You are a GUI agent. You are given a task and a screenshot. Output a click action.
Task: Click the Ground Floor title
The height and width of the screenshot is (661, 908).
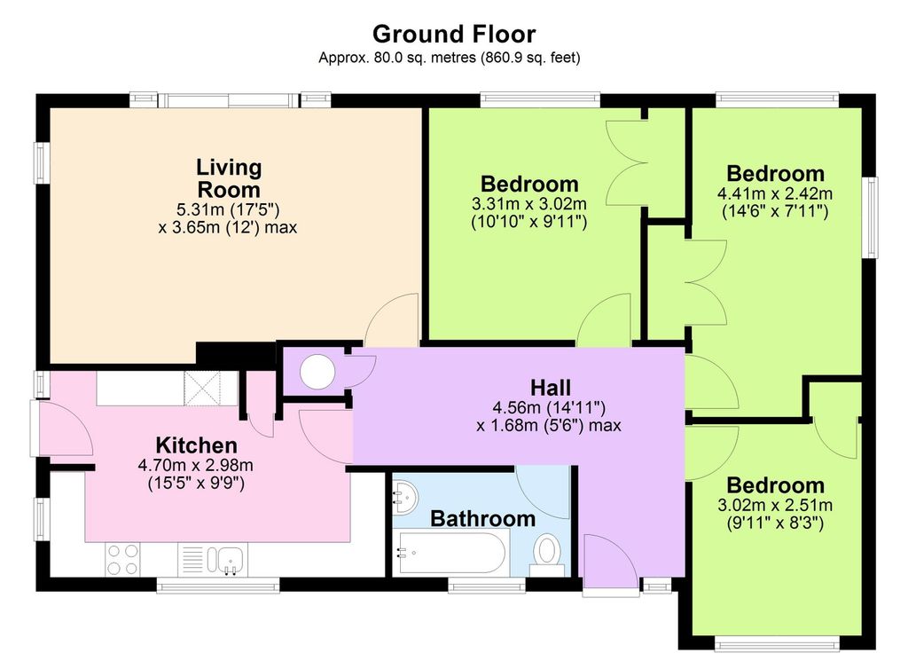pos(454,35)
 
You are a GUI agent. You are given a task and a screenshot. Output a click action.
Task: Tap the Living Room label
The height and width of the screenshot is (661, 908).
pos(229,178)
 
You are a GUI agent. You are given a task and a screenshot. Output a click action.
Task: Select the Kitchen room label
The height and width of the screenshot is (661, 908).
pos(196,445)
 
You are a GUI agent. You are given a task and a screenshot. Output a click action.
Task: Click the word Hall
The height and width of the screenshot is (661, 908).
pos(551,388)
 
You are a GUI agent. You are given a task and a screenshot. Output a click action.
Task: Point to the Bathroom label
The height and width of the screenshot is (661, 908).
pos(483,518)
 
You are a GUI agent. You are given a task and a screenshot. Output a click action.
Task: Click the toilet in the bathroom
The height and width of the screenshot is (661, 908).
pos(546,555)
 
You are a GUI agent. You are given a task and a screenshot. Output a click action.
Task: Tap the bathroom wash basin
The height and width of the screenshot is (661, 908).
pos(405,499)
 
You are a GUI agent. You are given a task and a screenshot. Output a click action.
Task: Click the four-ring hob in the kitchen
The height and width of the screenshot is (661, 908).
pos(122,560)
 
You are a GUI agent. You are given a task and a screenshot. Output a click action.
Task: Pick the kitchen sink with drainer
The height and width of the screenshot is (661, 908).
pos(213,560)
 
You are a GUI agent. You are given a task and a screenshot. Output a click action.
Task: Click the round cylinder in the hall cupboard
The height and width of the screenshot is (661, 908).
pos(317,372)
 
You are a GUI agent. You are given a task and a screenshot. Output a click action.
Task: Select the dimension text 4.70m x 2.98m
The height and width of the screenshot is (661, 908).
pos(196,465)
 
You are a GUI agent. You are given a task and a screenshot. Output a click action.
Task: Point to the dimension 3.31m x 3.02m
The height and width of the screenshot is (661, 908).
pos(529,204)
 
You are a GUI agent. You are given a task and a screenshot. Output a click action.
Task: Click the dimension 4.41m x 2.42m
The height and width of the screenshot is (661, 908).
pos(775,193)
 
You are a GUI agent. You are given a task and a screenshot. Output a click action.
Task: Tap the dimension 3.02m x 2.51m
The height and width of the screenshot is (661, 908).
pos(775,505)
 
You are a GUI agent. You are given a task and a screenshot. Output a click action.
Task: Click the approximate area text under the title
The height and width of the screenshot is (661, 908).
pos(450,58)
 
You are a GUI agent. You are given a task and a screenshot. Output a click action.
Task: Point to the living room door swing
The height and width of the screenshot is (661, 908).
pos(391,320)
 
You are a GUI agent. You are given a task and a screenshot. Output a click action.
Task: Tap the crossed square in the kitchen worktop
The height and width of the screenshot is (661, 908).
pos(203,389)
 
